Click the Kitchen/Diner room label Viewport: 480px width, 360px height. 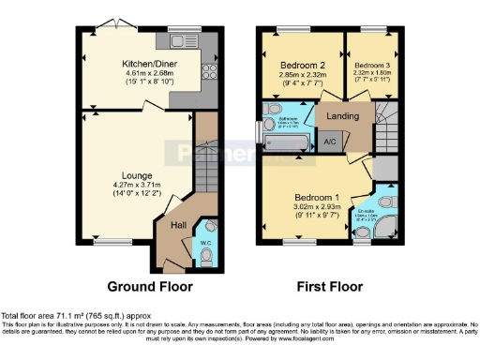click(149, 64)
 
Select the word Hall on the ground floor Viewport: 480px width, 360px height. click(177, 224)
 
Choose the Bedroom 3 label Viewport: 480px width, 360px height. click(371, 66)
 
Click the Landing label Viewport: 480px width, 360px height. click(344, 115)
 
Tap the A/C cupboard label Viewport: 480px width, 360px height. click(329, 142)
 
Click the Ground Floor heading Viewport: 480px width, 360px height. click(150, 286)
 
